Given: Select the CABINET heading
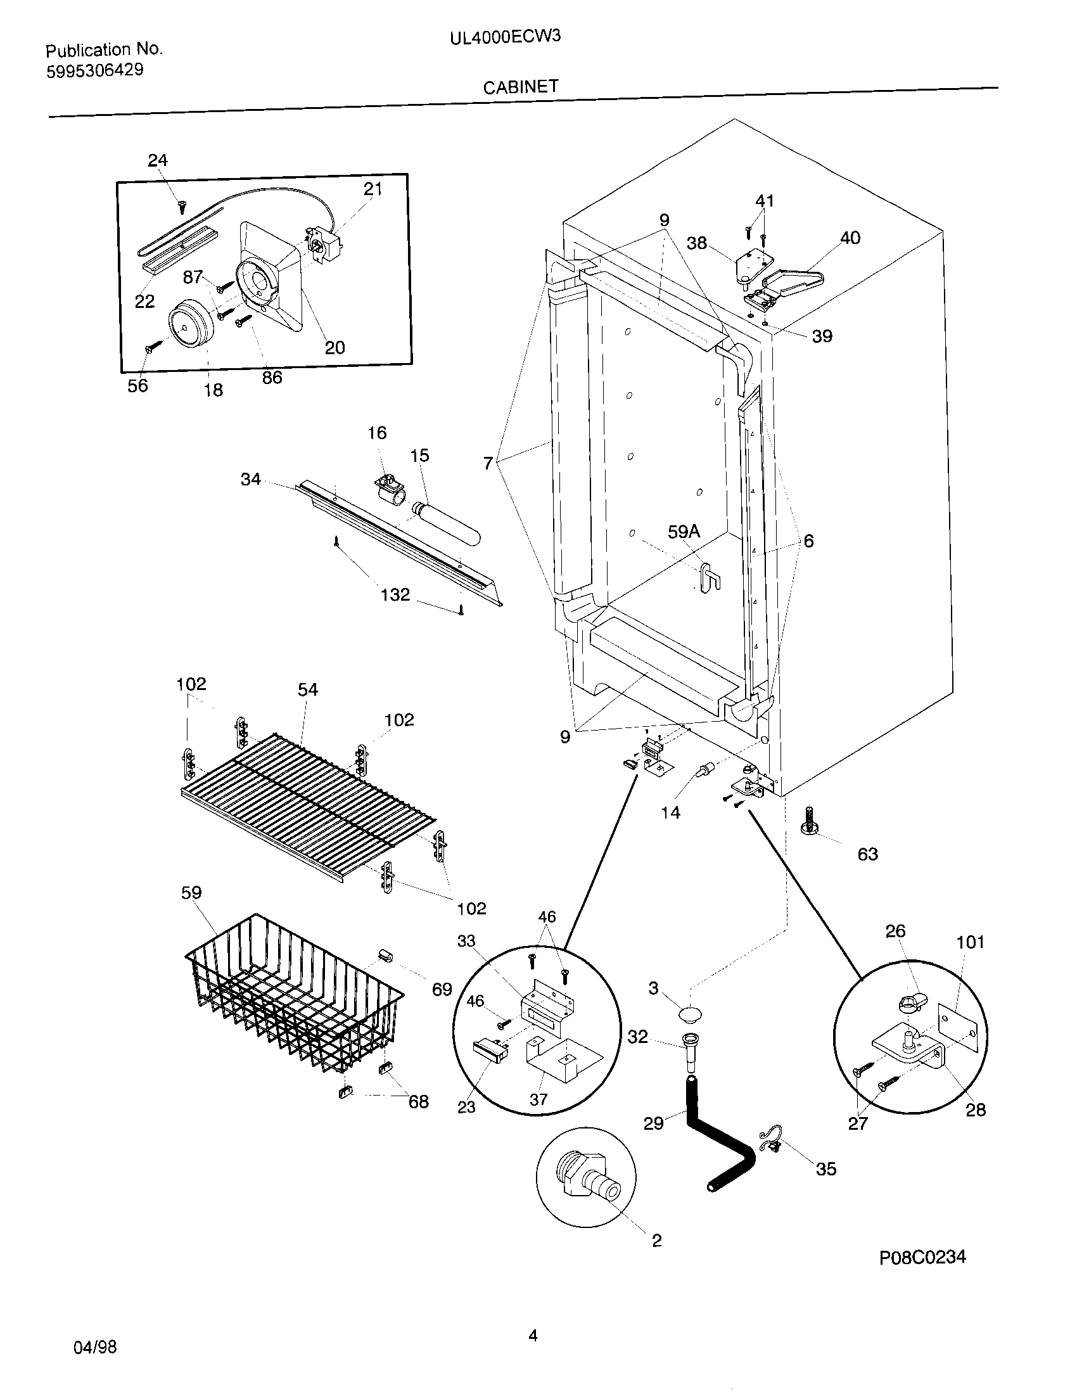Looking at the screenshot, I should (x=521, y=87).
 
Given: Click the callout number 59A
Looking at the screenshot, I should (x=684, y=531).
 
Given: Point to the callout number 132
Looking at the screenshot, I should (x=395, y=595).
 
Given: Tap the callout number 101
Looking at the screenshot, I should (x=970, y=942).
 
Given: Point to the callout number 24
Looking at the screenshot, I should (x=158, y=160).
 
